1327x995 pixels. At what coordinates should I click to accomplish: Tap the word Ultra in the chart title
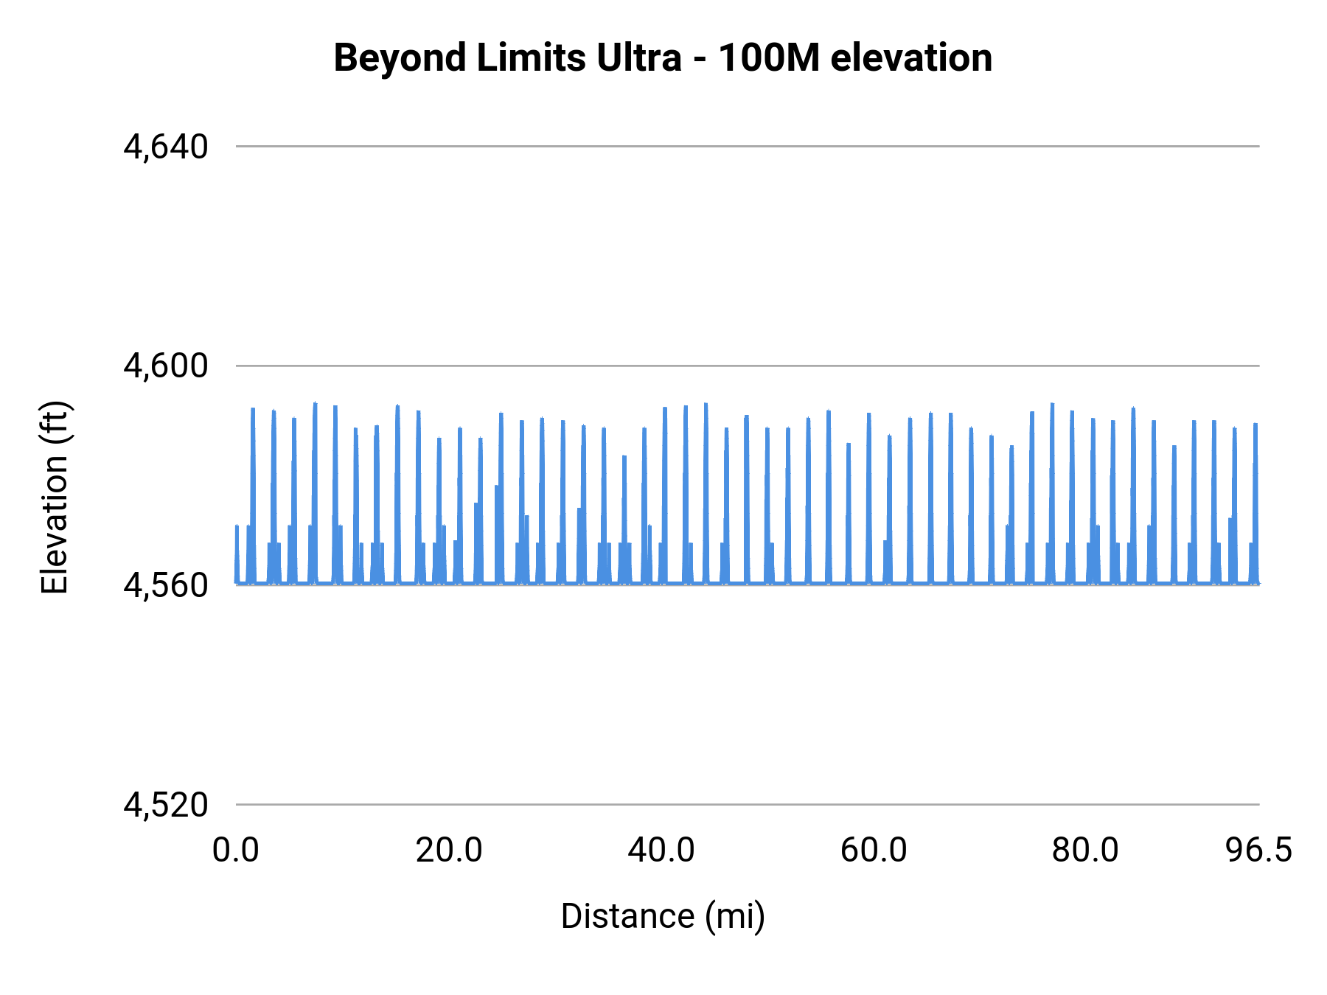pyautogui.click(x=638, y=57)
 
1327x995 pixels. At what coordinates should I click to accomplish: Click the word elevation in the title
pyautogui.click(x=911, y=57)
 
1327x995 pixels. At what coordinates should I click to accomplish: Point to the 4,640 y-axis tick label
pyautogui.click(x=166, y=147)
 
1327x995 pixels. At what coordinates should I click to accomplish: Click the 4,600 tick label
pyautogui.click(x=166, y=366)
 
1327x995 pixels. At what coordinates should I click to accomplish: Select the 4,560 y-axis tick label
pyautogui.click(x=166, y=585)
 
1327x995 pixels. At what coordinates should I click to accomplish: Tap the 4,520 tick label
pyautogui.click(x=166, y=805)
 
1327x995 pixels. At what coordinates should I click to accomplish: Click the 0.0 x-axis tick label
pyautogui.click(x=236, y=851)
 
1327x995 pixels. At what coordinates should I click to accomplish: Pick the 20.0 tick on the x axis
pyautogui.click(x=448, y=851)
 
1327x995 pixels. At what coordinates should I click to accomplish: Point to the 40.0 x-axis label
pyautogui.click(x=661, y=851)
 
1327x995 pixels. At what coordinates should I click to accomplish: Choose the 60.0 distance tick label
pyautogui.click(x=874, y=851)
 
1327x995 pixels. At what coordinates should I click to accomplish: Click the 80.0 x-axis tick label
pyautogui.click(x=1085, y=851)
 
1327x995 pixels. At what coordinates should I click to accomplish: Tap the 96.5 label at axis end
pyautogui.click(x=1258, y=851)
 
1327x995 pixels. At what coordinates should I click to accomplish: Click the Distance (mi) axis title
pyautogui.click(x=663, y=917)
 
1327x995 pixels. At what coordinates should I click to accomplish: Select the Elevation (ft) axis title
pyautogui.click(x=55, y=497)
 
